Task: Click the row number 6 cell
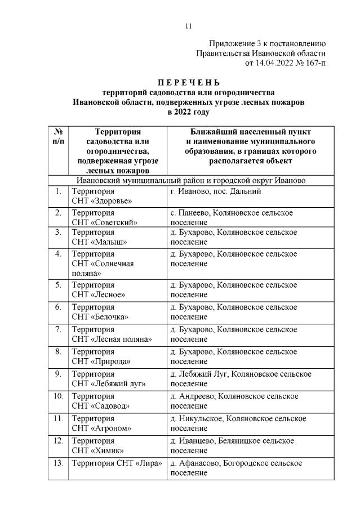tap(57, 307)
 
